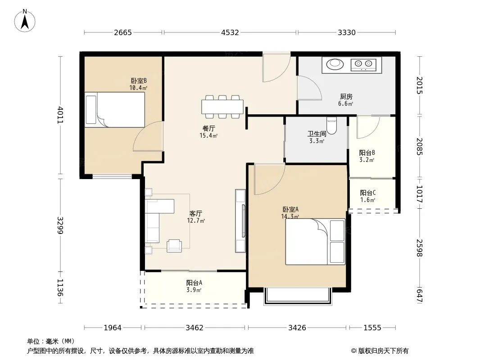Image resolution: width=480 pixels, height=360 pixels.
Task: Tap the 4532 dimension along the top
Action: click(230, 32)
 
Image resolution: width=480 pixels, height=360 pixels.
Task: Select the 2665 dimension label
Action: click(123, 32)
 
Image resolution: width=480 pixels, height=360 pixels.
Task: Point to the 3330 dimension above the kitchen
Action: click(347, 32)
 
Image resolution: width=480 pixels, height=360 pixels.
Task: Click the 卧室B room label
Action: click(139, 81)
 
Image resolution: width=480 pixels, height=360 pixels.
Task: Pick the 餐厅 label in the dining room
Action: click(208, 128)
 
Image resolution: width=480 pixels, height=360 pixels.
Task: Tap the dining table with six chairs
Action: click(222, 107)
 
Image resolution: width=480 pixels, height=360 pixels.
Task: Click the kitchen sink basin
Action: click(335, 64)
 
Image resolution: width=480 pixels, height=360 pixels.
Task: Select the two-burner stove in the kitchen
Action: click(363, 64)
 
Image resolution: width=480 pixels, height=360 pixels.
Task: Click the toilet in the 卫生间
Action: click(331, 126)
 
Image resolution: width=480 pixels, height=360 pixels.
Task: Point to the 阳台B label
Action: click(367, 153)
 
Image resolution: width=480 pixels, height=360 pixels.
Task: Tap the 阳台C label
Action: click(367, 193)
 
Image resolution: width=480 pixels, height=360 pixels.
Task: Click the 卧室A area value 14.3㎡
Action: click(290, 216)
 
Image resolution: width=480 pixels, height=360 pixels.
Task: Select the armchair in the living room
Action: click(174, 246)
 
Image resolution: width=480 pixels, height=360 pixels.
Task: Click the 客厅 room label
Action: click(195, 213)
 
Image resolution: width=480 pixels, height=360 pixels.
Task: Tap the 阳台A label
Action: click(194, 283)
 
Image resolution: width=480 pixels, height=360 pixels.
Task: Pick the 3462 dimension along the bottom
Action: click(195, 328)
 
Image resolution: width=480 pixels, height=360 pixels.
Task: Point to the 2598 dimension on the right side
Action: click(419, 248)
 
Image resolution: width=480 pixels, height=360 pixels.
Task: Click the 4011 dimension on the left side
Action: click(60, 115)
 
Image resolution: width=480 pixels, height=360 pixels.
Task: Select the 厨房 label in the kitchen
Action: click(346, 97)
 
